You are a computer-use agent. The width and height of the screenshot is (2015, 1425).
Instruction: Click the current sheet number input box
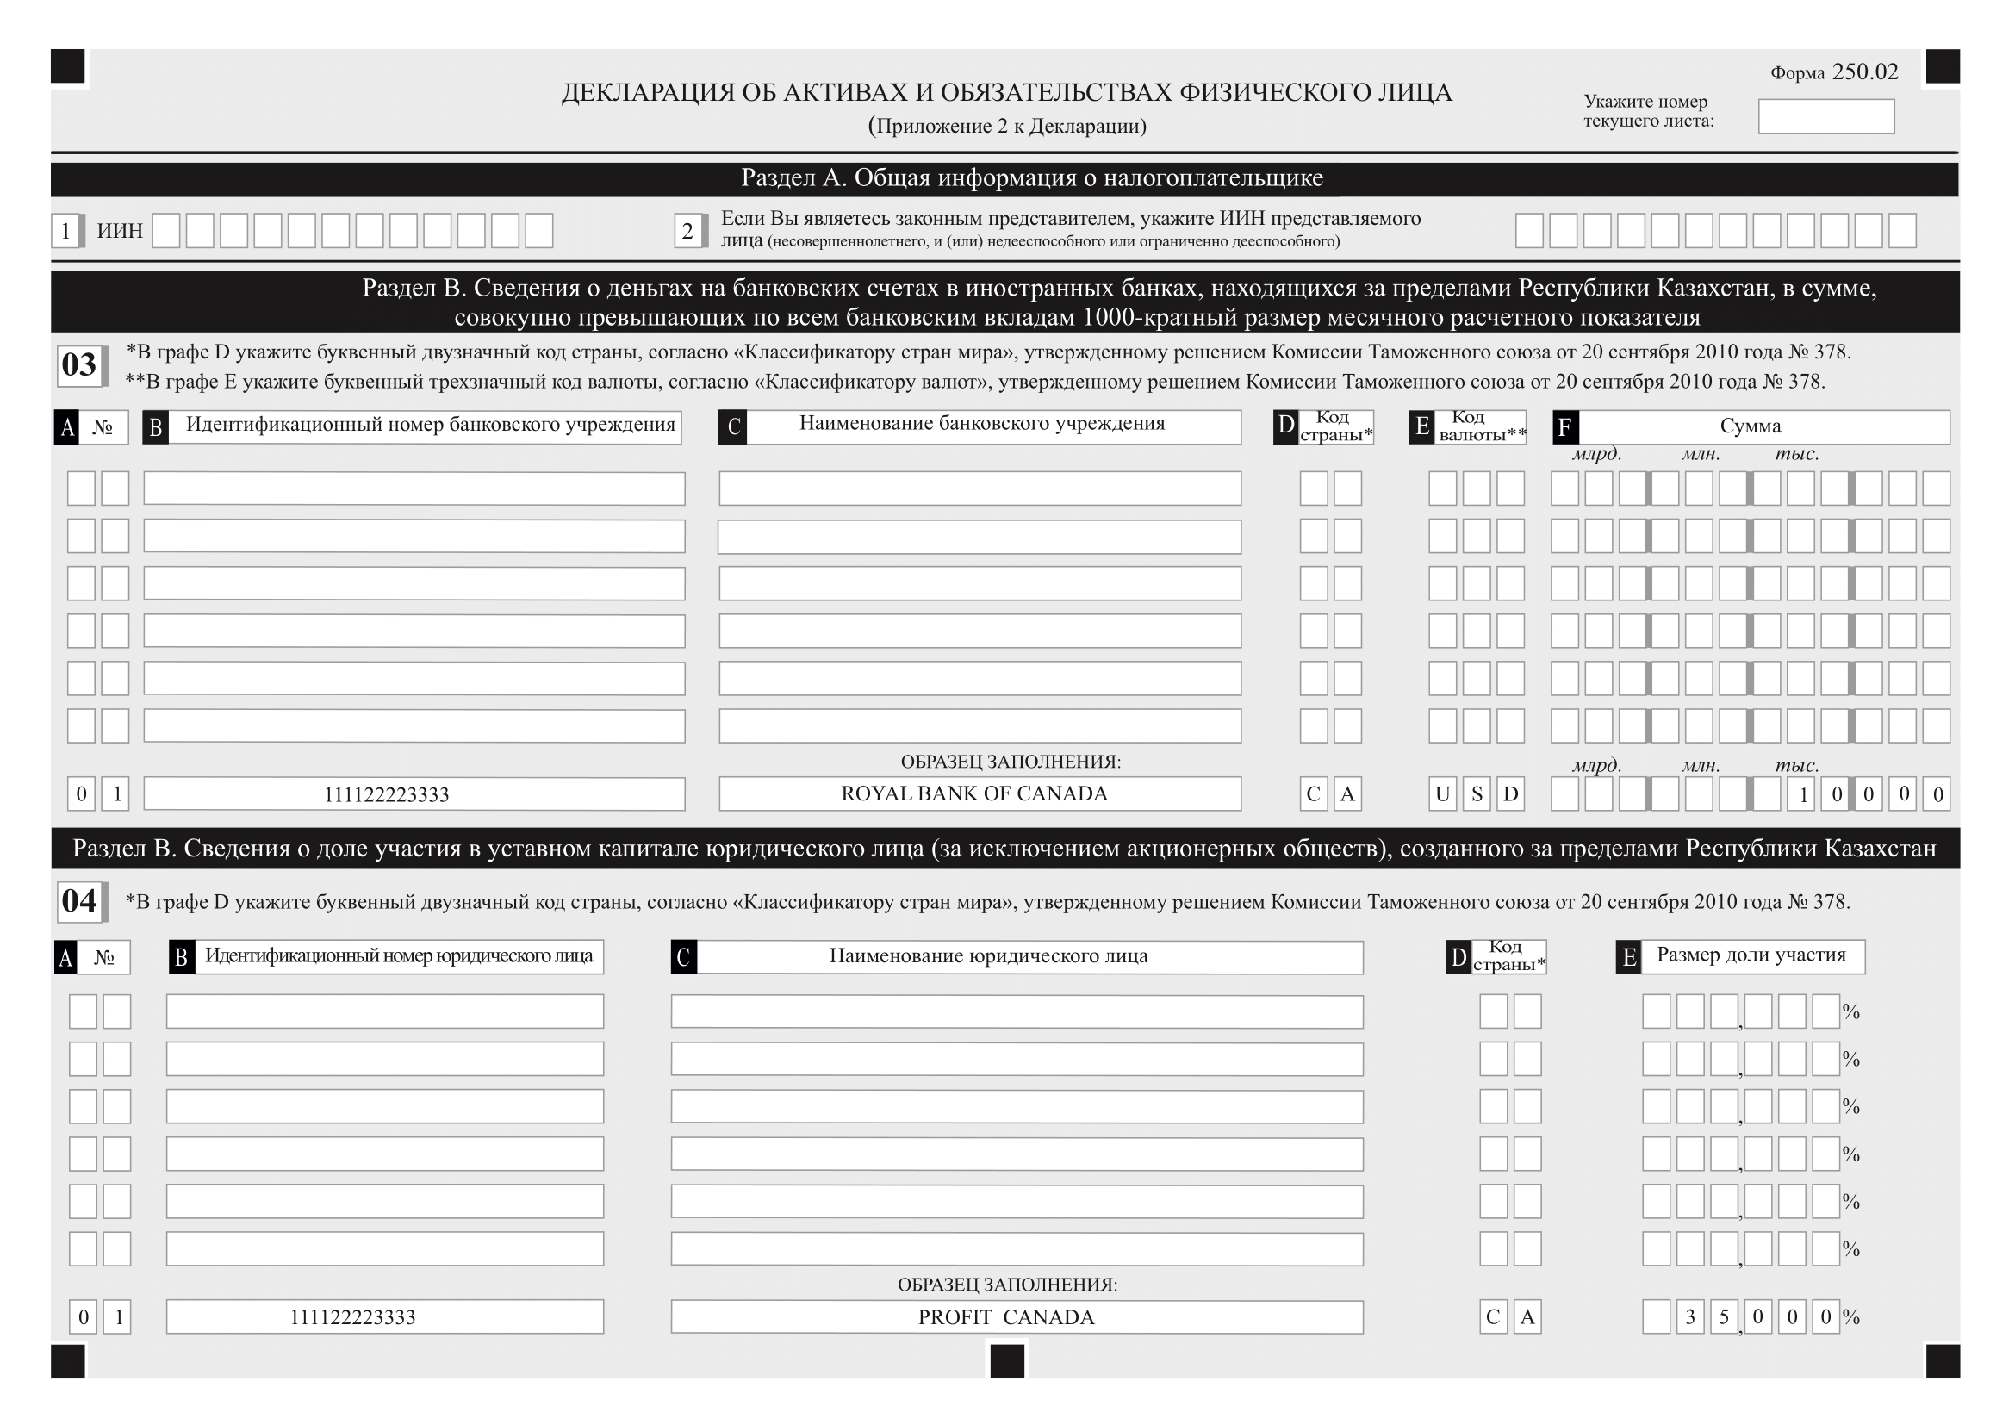(1825, 116)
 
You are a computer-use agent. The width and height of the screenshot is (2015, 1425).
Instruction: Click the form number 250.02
(1864, 72)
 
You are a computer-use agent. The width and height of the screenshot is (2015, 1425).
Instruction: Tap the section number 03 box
(79, 364)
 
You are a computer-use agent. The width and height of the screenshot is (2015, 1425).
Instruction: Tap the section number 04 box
(79, 901)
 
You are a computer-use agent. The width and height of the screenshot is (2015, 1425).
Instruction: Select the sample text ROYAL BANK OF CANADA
(974, 794)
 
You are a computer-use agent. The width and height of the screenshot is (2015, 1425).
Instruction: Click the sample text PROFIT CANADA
(1005, 1317)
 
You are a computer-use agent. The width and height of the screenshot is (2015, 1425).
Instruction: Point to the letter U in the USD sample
(1442, 794)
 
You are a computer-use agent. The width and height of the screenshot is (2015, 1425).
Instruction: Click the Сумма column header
(1750, 426)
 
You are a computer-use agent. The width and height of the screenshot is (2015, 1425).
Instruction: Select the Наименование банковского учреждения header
(981, 424)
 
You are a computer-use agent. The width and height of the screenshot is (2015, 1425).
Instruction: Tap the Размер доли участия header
(1751, 955)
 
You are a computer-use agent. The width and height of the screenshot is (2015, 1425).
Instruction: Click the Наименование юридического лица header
(988, 955)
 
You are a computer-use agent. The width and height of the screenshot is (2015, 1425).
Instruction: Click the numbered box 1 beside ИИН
(65, 231)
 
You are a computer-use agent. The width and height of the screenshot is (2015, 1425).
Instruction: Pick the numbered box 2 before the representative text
(687, 231)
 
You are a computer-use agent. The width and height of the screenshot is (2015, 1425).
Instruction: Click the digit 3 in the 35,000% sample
(1690, 1317)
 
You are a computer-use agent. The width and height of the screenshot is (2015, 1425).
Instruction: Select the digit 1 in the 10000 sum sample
(1802, 795)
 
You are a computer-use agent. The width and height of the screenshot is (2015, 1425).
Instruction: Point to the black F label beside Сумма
(1564, 427)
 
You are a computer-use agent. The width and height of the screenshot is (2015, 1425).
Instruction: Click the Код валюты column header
(1481, 426)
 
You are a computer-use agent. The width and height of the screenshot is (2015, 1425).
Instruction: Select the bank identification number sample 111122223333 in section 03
(386, 795)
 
